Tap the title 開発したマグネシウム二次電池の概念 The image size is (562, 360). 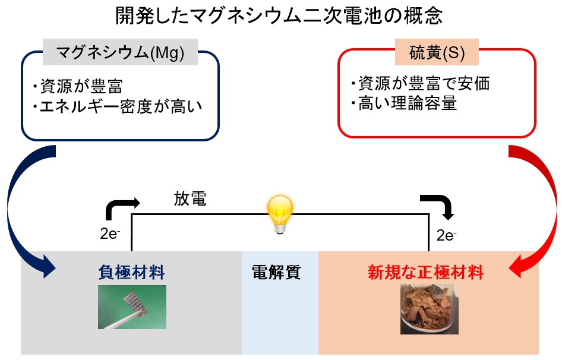point(279,15)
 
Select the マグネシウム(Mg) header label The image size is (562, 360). point(120,52)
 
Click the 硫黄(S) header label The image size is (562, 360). point(437,52)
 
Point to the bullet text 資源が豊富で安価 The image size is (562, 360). point(424,83)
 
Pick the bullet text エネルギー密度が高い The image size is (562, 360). point(121,106)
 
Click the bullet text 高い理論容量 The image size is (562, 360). point(408,103)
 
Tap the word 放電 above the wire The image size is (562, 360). point(190,198)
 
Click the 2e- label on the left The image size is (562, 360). point(110,234)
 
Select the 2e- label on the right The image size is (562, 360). point(446,235)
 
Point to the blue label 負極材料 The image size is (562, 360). point(131,273)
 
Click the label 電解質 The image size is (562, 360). point(276,273)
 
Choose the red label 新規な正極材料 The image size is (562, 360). point(425,273)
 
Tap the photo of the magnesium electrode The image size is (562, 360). point(132,307)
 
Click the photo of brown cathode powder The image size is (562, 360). point(430,309)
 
